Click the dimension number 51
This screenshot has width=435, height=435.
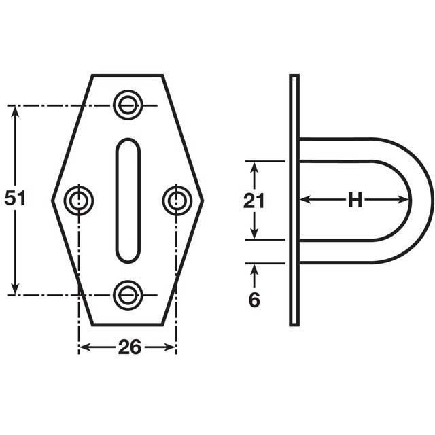[x=15, y=198]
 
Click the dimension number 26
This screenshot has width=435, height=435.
[x=129, y=347]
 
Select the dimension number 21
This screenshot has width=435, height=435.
[x=254, y=201]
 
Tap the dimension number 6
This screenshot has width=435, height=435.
[x=254, y=300]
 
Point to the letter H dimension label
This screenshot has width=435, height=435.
[x=354, y=200]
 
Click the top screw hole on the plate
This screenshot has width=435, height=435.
[x=127, y=105]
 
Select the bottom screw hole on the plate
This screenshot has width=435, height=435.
[x=127, y=294]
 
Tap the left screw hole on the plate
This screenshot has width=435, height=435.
[x=79, y=200]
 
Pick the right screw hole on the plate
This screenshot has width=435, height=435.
[x=177, y=200]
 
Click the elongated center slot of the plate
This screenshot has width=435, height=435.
[x=127, y=200]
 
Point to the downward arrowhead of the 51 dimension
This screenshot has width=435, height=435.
[x=15, y=290]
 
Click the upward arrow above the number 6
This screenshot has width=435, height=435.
[x=254, y=270]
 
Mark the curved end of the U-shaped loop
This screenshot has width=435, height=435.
[x=421, y=200]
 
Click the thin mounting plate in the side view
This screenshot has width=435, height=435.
[x=294, y=200]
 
